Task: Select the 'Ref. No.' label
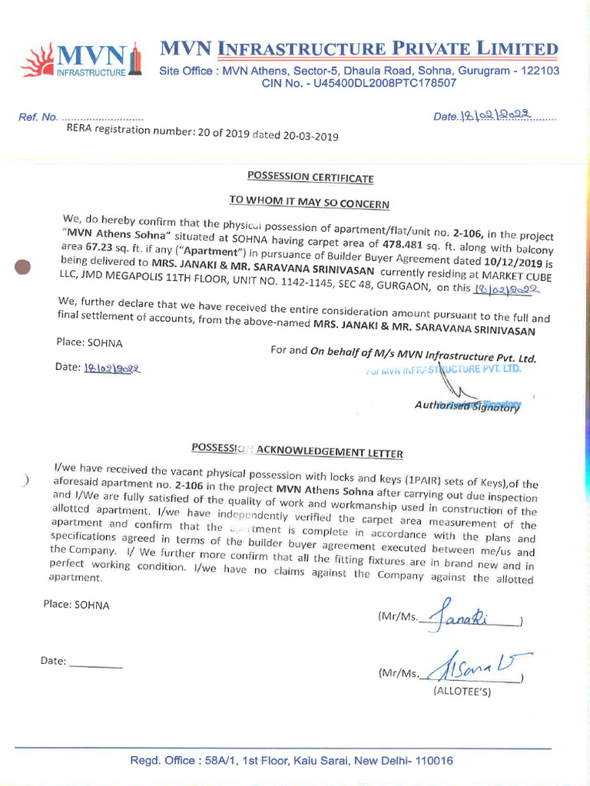tap(38, 117)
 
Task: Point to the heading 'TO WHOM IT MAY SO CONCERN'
tap(310, 203)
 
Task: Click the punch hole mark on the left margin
tap(23, 266)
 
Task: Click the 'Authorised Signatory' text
tap(467, 405)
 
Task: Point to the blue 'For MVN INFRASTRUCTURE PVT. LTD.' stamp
tap(446, 370)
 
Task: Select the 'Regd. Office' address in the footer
tap(291, 761)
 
